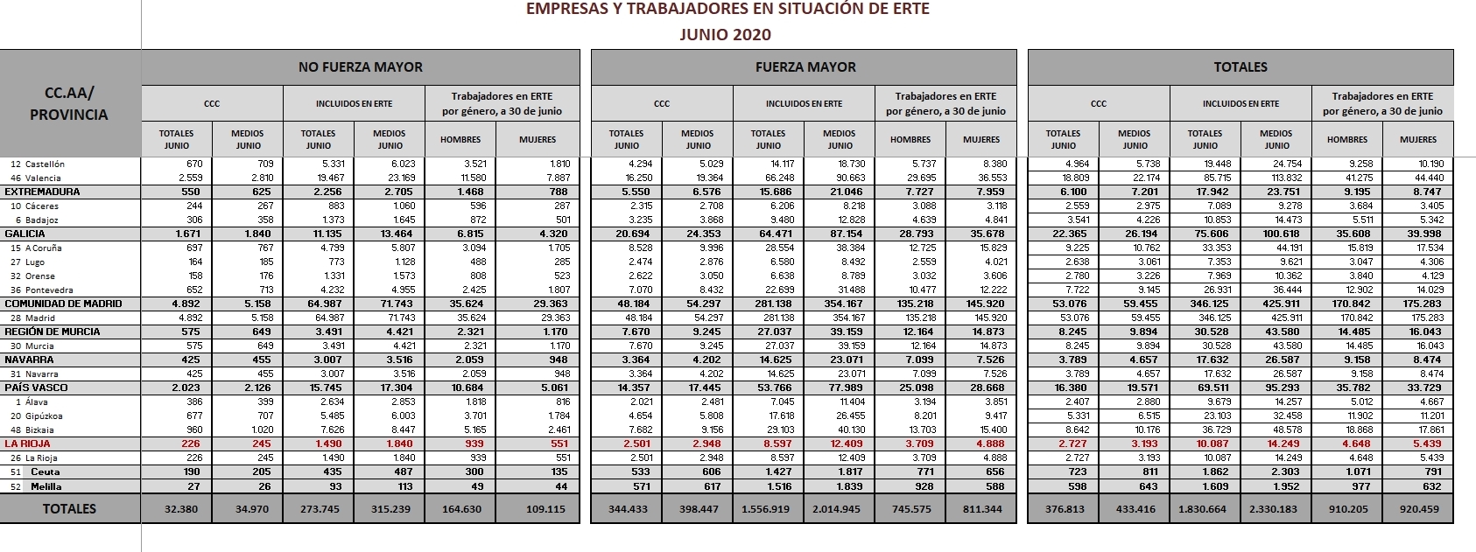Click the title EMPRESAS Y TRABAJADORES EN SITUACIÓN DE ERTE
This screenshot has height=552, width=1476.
tap(727, 10)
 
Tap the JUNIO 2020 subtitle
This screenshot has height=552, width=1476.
tap(726, 35)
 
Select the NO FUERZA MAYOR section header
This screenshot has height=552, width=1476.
tap(360, 67)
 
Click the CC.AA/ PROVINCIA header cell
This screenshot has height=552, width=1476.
tap(69, 103)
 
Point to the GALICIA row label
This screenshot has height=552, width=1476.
tap(25, 234)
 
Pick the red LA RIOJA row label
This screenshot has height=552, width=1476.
tap(26, 444)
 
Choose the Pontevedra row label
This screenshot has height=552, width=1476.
tap(49, 290)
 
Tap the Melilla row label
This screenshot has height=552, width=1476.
tap(46, 486)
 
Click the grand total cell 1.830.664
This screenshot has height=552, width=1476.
tap(1205, 509)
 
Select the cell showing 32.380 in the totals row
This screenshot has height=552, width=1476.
tap(181, 509)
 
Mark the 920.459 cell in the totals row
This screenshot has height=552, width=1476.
tap(1418, 509)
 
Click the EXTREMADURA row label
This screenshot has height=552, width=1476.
tap(42, 192)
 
